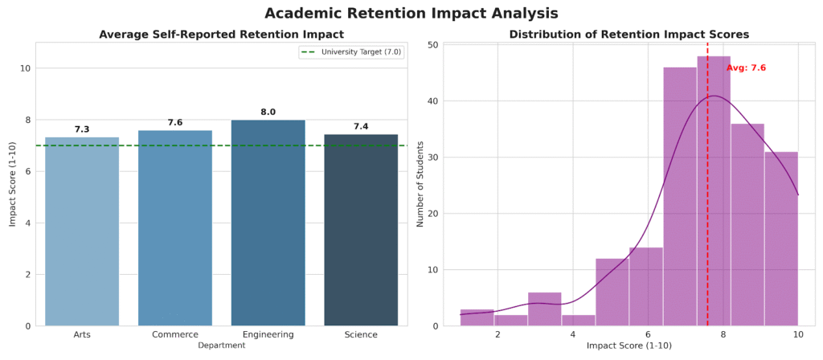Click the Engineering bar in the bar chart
coord(268,223)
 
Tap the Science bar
coord(361,230)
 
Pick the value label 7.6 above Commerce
coord(175,122)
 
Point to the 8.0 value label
coord(268,112)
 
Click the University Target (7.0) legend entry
coord(350,52)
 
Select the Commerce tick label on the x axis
coord(175,334)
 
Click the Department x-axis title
coord(222,346)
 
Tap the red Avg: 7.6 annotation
coord(746,68)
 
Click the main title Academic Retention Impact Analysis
coord(411,14)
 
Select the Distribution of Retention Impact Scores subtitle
coord(629,35)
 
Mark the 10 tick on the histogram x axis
coord(798,334)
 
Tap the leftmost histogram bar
coord(477,317)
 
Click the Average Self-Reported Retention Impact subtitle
coord(221,35)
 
